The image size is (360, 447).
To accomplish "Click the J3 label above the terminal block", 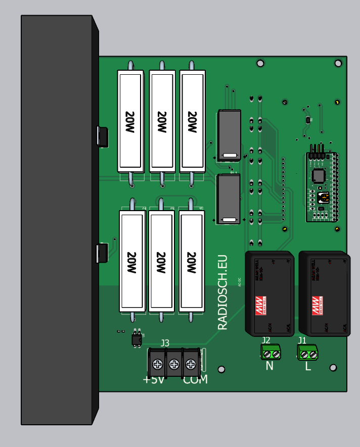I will coord(165,343).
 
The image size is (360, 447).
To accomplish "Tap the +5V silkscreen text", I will coord(154,380).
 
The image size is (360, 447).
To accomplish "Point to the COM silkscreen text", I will coord(195,380).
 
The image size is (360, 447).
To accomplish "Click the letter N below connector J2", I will coord(269,366).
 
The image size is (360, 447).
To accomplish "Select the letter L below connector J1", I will coord(308,366).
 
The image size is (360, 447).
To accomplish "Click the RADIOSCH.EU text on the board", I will coord(223,292).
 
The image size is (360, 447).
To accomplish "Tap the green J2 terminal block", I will coord(271,352).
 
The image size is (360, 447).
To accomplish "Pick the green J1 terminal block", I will coord(307,352).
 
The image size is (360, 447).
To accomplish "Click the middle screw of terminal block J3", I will coord(174,363).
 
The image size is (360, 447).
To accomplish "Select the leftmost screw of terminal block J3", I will coord(158,363).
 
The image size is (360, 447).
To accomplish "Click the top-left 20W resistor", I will coord(130,121).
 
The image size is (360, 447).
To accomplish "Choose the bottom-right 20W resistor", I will coord(192,262).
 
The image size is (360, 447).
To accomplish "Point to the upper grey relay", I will coord(229,135).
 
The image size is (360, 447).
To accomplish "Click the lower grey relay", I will coord(229,199).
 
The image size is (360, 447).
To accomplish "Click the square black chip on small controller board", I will coord(318,175).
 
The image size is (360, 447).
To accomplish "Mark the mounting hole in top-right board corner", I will coord(338,63).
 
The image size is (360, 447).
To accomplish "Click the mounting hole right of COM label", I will coord(221,369).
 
